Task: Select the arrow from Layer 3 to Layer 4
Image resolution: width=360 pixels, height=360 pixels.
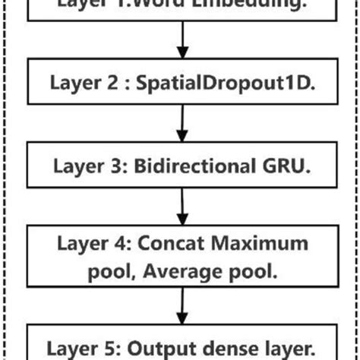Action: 181,204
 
